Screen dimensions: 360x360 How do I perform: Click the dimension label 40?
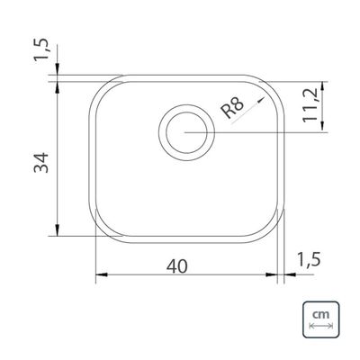point(177,266)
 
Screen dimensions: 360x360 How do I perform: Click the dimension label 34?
point(41,163)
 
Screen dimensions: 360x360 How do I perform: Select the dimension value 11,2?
point(310,105)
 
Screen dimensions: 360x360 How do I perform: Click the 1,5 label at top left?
point(40,49)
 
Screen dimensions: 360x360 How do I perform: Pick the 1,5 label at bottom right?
point(309,259)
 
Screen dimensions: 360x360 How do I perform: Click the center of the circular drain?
point(186,132)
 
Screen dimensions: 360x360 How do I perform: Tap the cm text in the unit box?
point(320,315)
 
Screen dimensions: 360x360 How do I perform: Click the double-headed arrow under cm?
point(320,326)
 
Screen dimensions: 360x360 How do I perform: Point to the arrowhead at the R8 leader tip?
point(262,99)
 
